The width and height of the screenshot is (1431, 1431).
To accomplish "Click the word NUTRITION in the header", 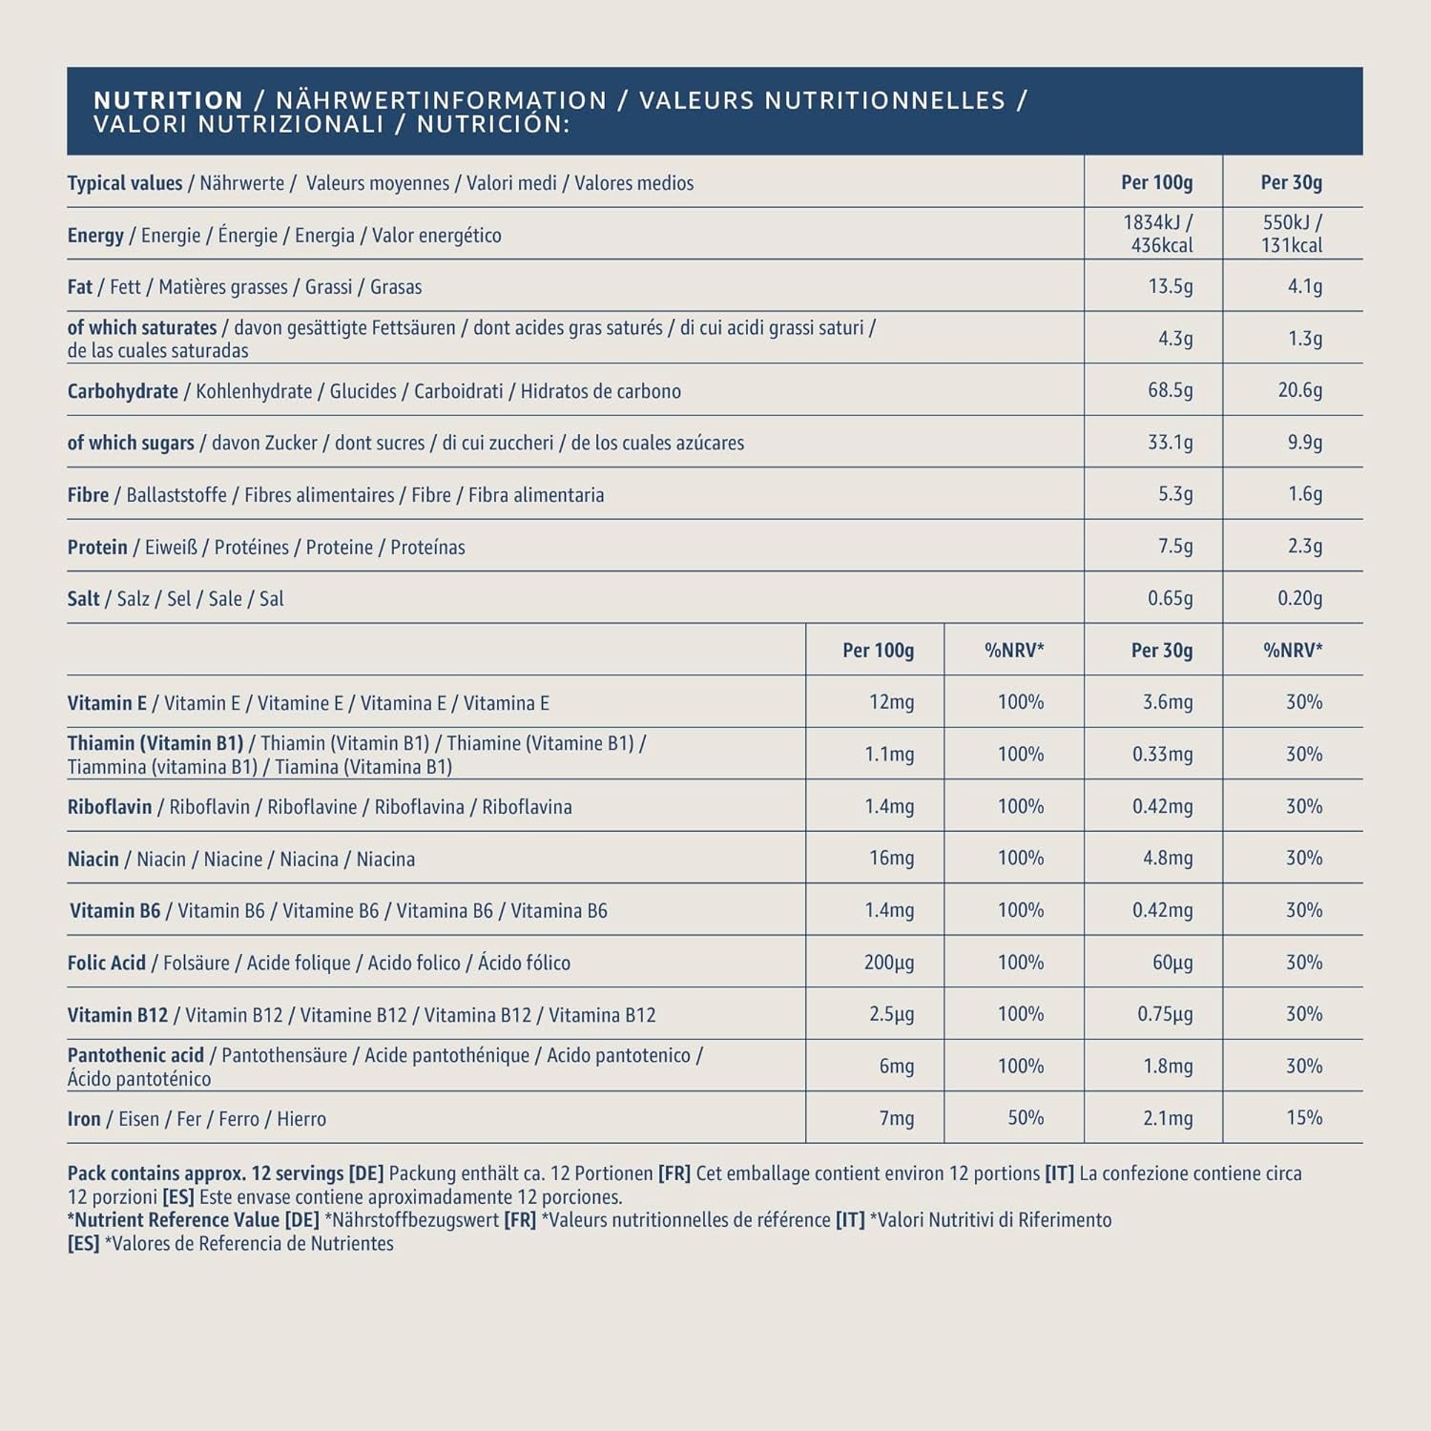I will pyautogui.click(x=169, y=100).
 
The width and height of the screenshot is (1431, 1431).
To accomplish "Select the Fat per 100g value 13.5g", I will pyautogui.click(x=1170, y=286).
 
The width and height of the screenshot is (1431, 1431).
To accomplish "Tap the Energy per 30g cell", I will pyautogui.click(x=1292, y=234).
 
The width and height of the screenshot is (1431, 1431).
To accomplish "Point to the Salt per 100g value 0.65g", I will pyautogui.click(x=1170, y=598).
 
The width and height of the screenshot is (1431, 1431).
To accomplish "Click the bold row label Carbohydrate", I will pyautogui.click(x=122, y=391).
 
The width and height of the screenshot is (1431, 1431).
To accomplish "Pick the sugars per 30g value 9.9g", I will pyautogui.click(x=1304, y=442).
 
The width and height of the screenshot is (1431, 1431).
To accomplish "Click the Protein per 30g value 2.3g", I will pyautogui.click(x=1304, y=546).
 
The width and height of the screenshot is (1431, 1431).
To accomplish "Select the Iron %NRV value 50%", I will pyautogui.click(x=1026, y=1117).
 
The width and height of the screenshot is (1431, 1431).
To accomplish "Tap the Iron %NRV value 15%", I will pyautogui.click(x=1304, y=1117).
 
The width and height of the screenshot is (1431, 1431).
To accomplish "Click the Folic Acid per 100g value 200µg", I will pyautogui.click(x=888, y=962).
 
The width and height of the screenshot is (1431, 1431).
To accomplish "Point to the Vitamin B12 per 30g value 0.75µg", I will pyautogui.click(x=1164, y=1014).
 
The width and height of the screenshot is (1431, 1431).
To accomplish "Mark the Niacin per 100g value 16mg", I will pyautogui.click(x=891, y=858).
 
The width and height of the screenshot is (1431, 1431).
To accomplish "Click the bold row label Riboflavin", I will pyautogui.click(x=110, y=807).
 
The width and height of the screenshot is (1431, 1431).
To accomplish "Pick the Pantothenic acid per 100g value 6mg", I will pyautogui.click(x=896, y=1066).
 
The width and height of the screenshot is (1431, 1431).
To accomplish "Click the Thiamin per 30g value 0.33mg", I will pyautogui.click(x=1162, y=754).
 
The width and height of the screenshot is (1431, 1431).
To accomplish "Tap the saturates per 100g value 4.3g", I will pyautogui.click(x=1174, y=338).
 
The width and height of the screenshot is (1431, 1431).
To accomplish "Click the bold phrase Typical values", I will pyautogui.click(x=124, y=183).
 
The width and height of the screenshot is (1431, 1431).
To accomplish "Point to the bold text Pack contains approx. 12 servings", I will pyautogui.click(x=205, y=1173).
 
